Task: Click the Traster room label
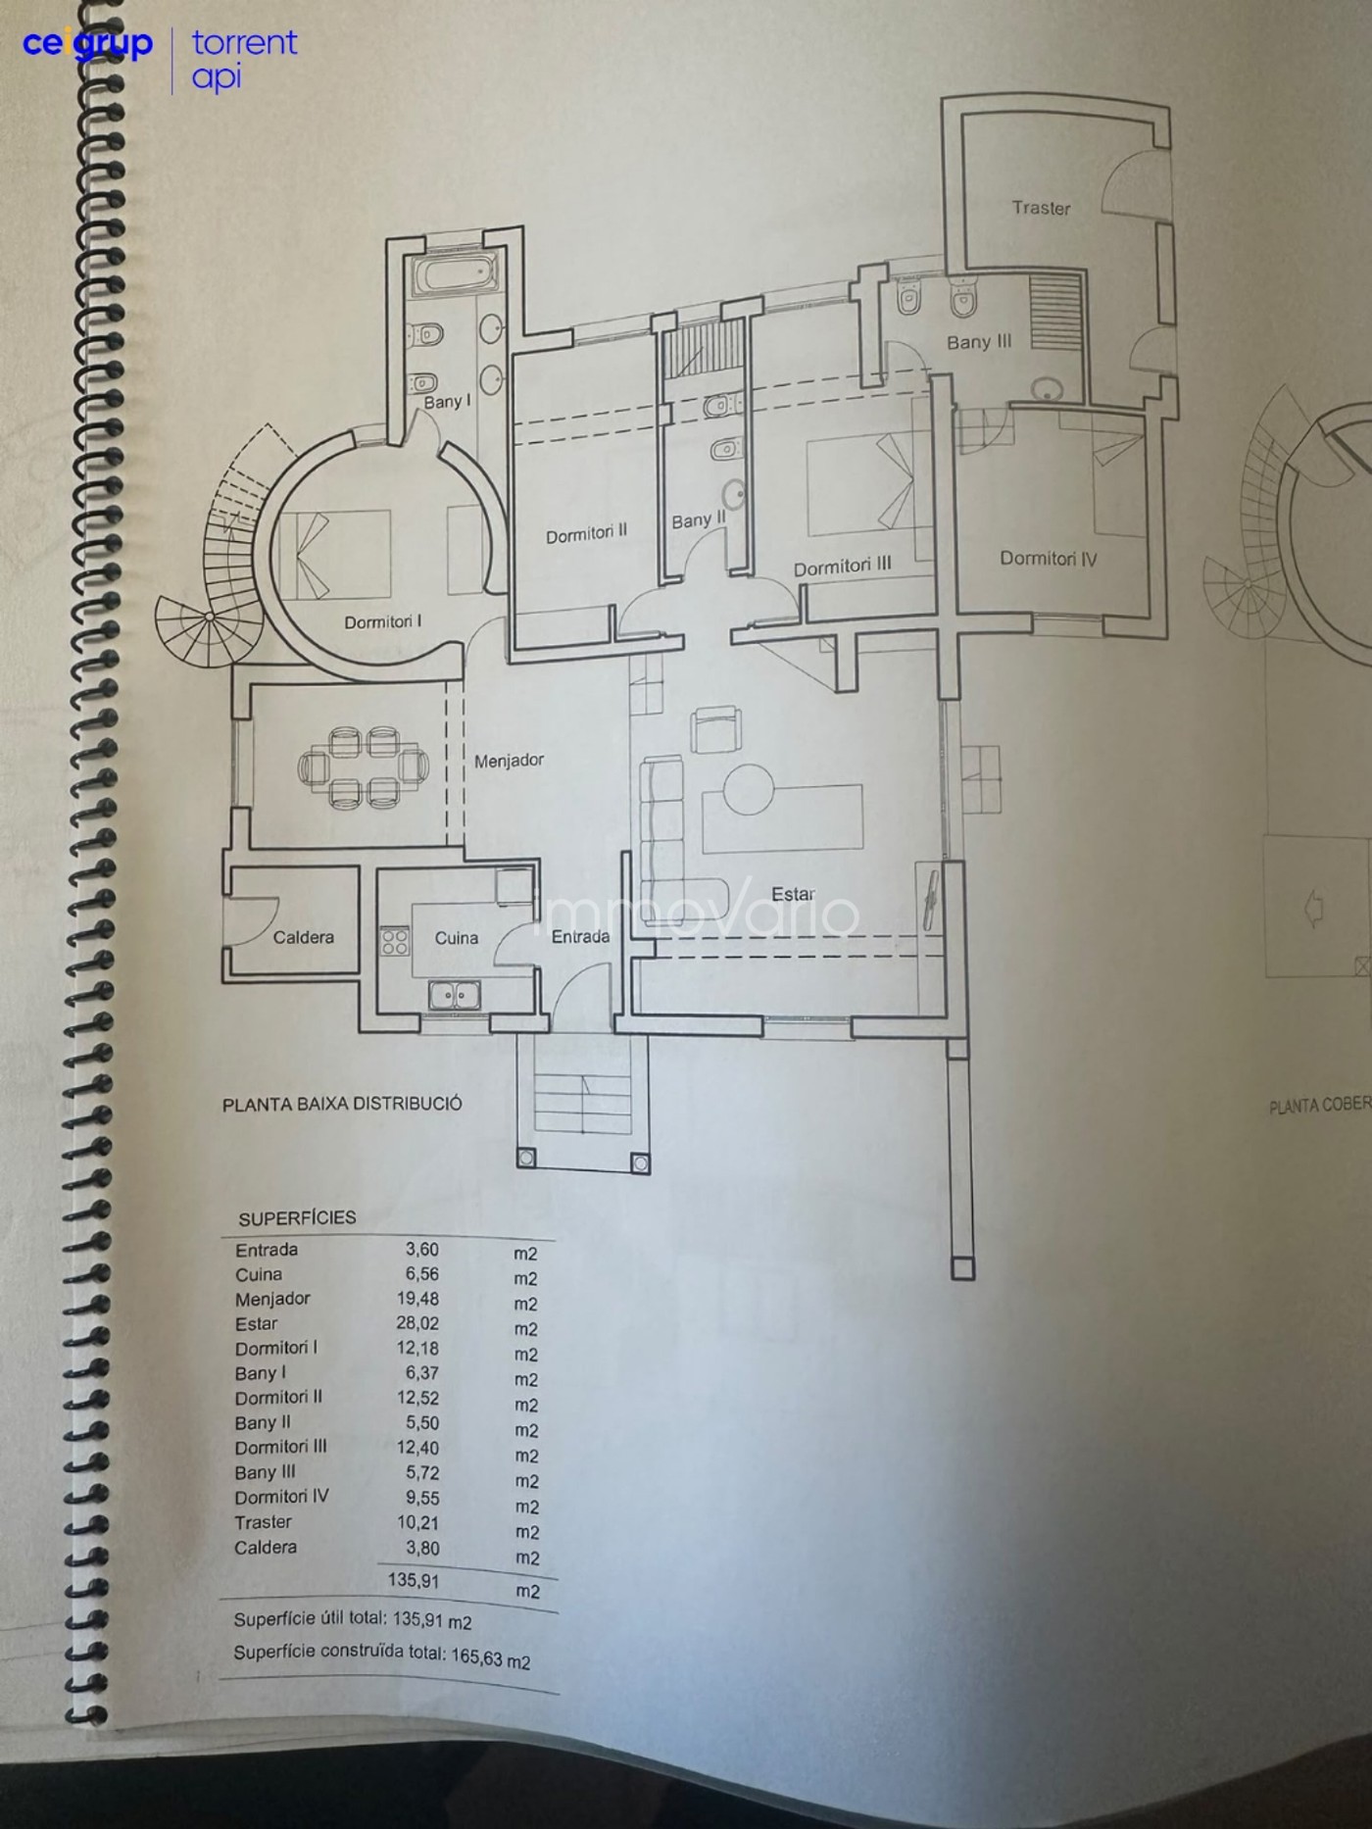click(x=1041, y=208)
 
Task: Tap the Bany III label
click(x=979, y=342)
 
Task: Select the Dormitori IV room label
click(x=1048, y=559)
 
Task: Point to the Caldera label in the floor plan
click(x=303, y=937)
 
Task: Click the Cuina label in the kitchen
click(x=457, y=938)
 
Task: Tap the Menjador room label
click(x=509, y=761)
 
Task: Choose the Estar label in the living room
click(x=793, y=894)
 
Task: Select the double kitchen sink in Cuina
click(x=454, y=995)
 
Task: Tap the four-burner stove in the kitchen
click(x=395, y=942)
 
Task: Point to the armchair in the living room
click(x=716, y=729)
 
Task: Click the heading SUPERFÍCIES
click(x=297, y=1217)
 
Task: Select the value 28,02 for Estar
click(x=417, y=1323)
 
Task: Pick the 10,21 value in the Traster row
click(x=417, y=1522)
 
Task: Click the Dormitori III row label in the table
click(x=280, y=1447)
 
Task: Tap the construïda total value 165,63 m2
click(x=490, y=1657)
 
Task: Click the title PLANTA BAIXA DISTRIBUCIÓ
click(x=342, y=1104)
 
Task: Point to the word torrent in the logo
click(x=244, y=43)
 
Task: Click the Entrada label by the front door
click(x=580, y=937)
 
